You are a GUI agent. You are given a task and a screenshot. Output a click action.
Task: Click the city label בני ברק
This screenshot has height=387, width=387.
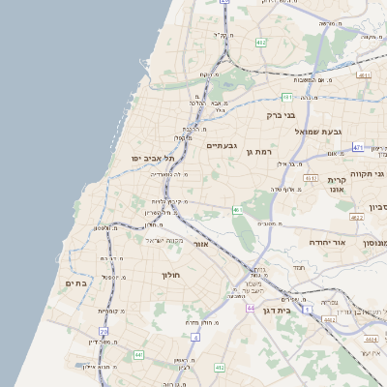[x=281, y=115]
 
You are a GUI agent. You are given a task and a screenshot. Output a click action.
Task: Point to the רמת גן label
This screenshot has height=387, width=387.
[x=263, y=152]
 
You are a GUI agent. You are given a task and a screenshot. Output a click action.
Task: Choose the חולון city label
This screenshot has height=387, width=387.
[x=170, y=276]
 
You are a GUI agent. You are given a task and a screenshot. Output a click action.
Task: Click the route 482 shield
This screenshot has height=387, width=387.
[x=260, y=44]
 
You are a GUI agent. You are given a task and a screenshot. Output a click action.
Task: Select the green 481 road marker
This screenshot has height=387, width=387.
[x=287, y=97]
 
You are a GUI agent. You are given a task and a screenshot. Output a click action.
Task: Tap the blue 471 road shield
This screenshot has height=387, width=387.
[x=357, y=147]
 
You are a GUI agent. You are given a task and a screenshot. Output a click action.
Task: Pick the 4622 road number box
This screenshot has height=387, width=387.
[x=357, y=218]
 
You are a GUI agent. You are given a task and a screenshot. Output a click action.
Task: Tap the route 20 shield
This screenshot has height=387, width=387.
[x=104, y=332]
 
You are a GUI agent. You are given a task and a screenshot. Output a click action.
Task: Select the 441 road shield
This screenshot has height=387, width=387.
[x=138, y=356]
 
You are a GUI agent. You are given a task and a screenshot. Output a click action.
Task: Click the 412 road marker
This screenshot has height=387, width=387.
[x=219, y=368]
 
